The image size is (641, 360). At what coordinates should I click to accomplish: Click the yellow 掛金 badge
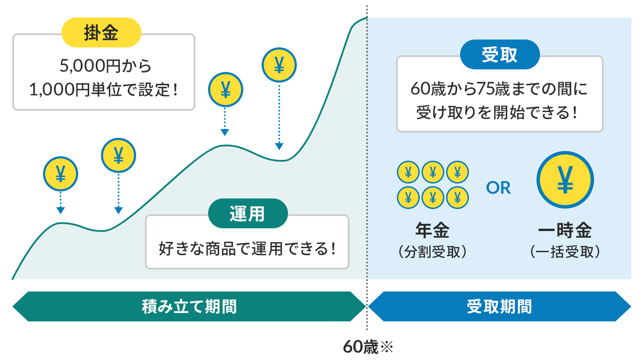(101, 32)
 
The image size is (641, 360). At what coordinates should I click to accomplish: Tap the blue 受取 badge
(500, 54)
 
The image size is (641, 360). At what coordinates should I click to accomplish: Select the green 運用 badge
(248, 213)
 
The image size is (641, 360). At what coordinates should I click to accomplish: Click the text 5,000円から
(105, 66)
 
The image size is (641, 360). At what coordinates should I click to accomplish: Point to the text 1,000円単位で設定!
(104, 90)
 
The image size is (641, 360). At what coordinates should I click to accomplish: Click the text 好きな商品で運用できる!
(247, 248)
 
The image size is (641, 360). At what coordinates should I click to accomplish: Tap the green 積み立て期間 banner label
(189, 306)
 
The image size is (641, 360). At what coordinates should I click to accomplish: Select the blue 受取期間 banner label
(499, 306)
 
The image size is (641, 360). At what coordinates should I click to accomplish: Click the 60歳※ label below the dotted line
(368, 347)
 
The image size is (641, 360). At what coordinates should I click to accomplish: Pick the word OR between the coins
(498, 188)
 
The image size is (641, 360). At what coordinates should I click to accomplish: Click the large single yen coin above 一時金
(565, 180)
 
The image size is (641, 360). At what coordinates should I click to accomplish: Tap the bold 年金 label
(432, 230)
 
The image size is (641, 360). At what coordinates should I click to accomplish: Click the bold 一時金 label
(565, 230)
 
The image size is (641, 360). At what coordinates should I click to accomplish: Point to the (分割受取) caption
(432, 252)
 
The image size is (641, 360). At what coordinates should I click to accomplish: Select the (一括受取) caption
(565, 252)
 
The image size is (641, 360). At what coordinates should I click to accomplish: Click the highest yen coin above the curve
(279, 65)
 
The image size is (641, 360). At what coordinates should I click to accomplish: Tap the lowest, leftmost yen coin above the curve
(61, 174)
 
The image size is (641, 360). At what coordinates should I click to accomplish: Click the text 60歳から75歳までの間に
(499, 89)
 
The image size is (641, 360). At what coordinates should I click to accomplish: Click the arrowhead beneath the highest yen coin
(279, 146)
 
